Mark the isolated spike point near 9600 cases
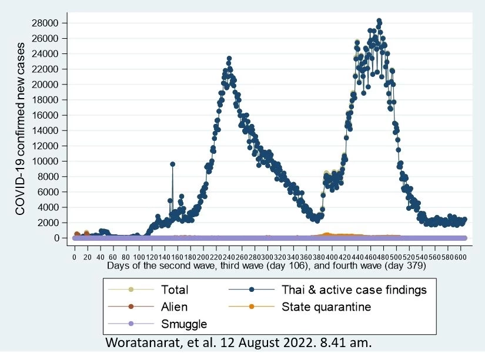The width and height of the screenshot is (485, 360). [172, 164]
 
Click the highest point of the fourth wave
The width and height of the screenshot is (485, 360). [379, 21]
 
